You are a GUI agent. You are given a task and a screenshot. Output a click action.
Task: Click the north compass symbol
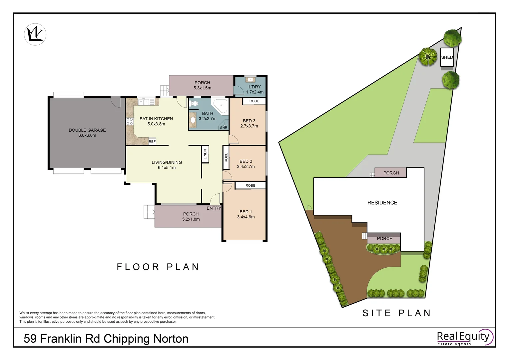[35, 34]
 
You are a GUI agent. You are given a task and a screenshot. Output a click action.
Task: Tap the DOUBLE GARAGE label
[87, 130]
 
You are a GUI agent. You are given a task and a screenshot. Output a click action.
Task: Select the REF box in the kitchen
[152, 141]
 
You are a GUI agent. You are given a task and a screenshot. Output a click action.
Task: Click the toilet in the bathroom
[194, 103]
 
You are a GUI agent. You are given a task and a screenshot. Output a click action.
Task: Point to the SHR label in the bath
[224, 128]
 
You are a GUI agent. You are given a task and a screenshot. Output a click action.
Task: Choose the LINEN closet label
[205, 154]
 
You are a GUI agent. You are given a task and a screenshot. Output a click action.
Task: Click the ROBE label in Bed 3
[254, 101]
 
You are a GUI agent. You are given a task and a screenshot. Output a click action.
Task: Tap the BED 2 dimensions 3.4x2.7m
[246, 166]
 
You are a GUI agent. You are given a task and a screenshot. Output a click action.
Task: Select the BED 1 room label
[246, 212]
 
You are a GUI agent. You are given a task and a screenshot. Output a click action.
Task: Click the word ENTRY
[214, 208]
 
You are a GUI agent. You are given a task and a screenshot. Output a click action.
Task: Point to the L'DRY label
[254, 87]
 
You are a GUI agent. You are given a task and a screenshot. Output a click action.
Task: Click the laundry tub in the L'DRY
[250, 79]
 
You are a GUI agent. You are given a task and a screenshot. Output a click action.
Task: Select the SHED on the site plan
[447, 57]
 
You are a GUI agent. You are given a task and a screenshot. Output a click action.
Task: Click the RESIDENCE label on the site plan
[382, 203]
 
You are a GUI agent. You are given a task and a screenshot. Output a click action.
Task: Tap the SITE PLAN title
[396, 313]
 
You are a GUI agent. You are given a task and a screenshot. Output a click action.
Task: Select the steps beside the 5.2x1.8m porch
[149, 212]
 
